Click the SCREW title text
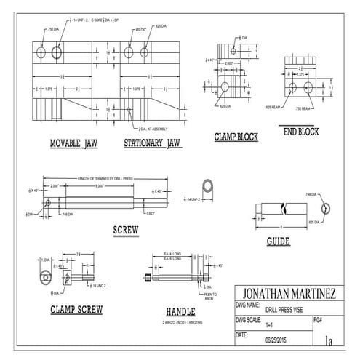pos(126,232)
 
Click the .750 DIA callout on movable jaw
pos(53,28)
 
